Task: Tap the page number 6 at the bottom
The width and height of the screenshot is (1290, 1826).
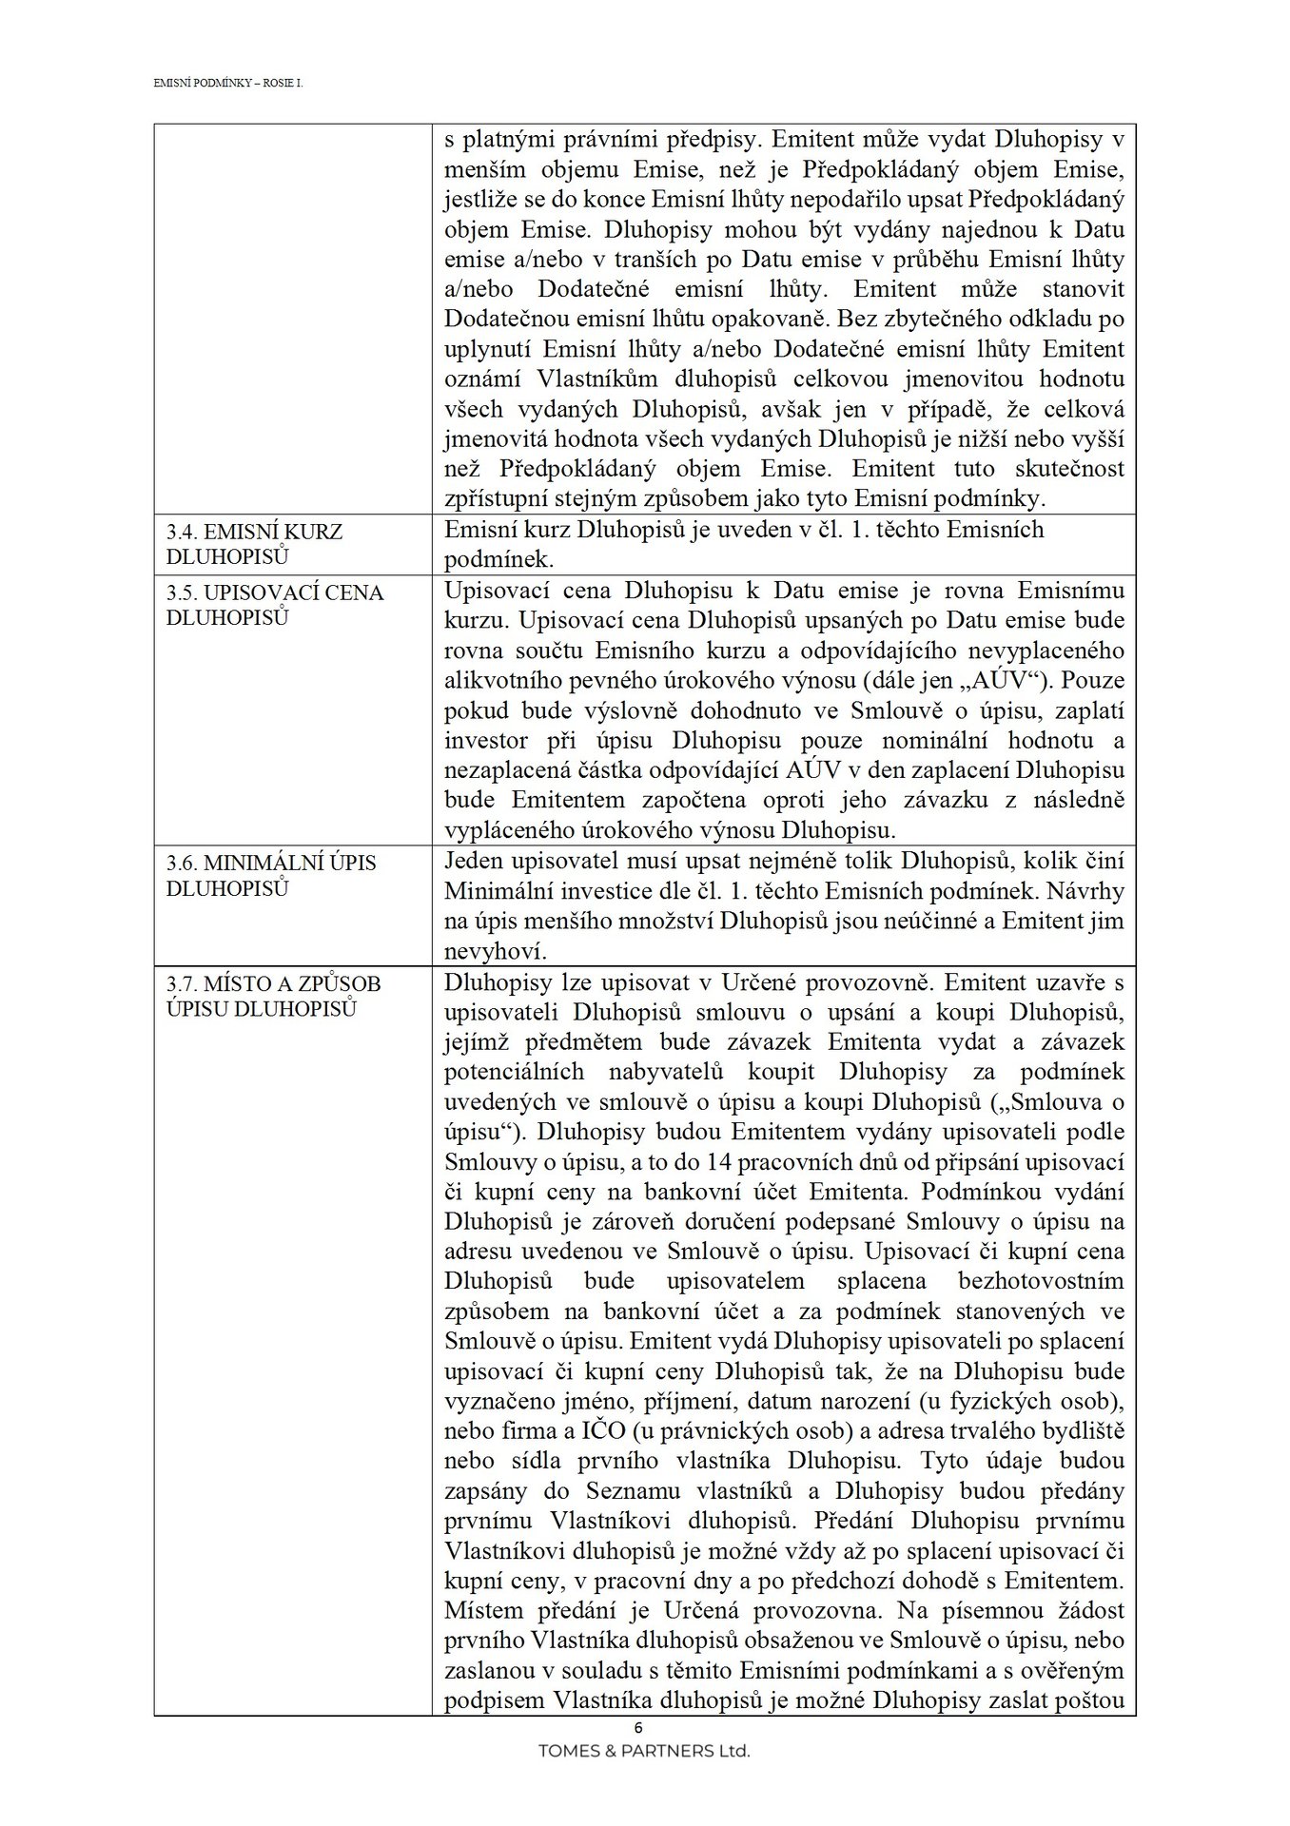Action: coord(638,1728)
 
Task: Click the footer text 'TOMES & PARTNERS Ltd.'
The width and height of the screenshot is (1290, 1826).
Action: coord(644,1750)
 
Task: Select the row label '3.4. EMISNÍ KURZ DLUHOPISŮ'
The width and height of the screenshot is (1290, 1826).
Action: coord(254,544)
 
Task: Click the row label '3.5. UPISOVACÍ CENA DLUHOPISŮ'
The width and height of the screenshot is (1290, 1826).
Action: coord(275,605)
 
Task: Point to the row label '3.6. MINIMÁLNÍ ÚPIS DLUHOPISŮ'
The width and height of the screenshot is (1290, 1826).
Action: coord(271,876)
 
